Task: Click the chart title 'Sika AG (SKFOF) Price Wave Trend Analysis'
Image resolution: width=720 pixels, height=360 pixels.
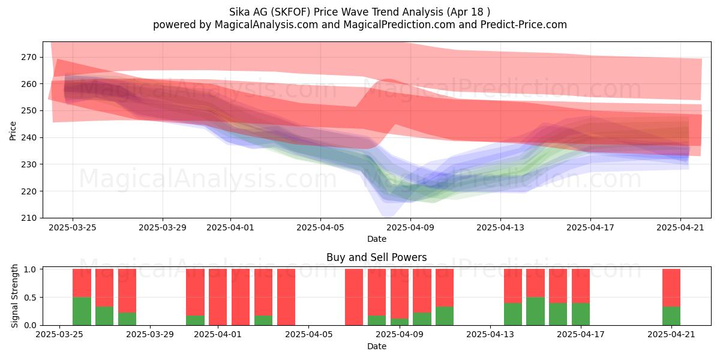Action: (x=336, y=12)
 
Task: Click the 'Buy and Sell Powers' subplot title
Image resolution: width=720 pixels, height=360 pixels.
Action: (x=376, y=257)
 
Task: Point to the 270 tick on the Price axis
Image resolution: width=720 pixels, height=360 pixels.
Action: (x=29, y=57)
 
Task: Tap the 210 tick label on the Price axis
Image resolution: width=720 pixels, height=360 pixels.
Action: (x=29, y=218)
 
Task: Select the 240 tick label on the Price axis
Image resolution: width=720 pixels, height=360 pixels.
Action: (x=29, y=137)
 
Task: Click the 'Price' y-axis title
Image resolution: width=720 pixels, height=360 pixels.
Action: (x=13, y=131)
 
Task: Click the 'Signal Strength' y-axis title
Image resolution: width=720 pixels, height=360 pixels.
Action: (x=14, y=296)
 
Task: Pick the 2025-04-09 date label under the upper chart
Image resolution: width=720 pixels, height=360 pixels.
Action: (x=410, y=227)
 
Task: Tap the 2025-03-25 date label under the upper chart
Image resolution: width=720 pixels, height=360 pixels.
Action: (x=73, y=227)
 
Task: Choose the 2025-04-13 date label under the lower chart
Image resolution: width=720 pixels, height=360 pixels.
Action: (x=490, y=334)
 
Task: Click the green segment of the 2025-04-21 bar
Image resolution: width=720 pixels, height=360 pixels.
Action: (x=671, y=316)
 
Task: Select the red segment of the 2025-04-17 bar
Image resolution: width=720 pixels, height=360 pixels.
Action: (x=581, y=286)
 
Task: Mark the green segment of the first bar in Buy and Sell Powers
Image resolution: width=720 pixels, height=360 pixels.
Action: (x=82, y=311)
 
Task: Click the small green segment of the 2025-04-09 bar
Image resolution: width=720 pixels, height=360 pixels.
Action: (x=400, y=322)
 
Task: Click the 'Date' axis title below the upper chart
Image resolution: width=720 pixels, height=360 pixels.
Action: (x=377, y=239)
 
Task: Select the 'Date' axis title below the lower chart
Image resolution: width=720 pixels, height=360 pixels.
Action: (x=377, y=346)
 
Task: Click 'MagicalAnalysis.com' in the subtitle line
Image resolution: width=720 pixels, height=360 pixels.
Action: (x=266, y=25)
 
